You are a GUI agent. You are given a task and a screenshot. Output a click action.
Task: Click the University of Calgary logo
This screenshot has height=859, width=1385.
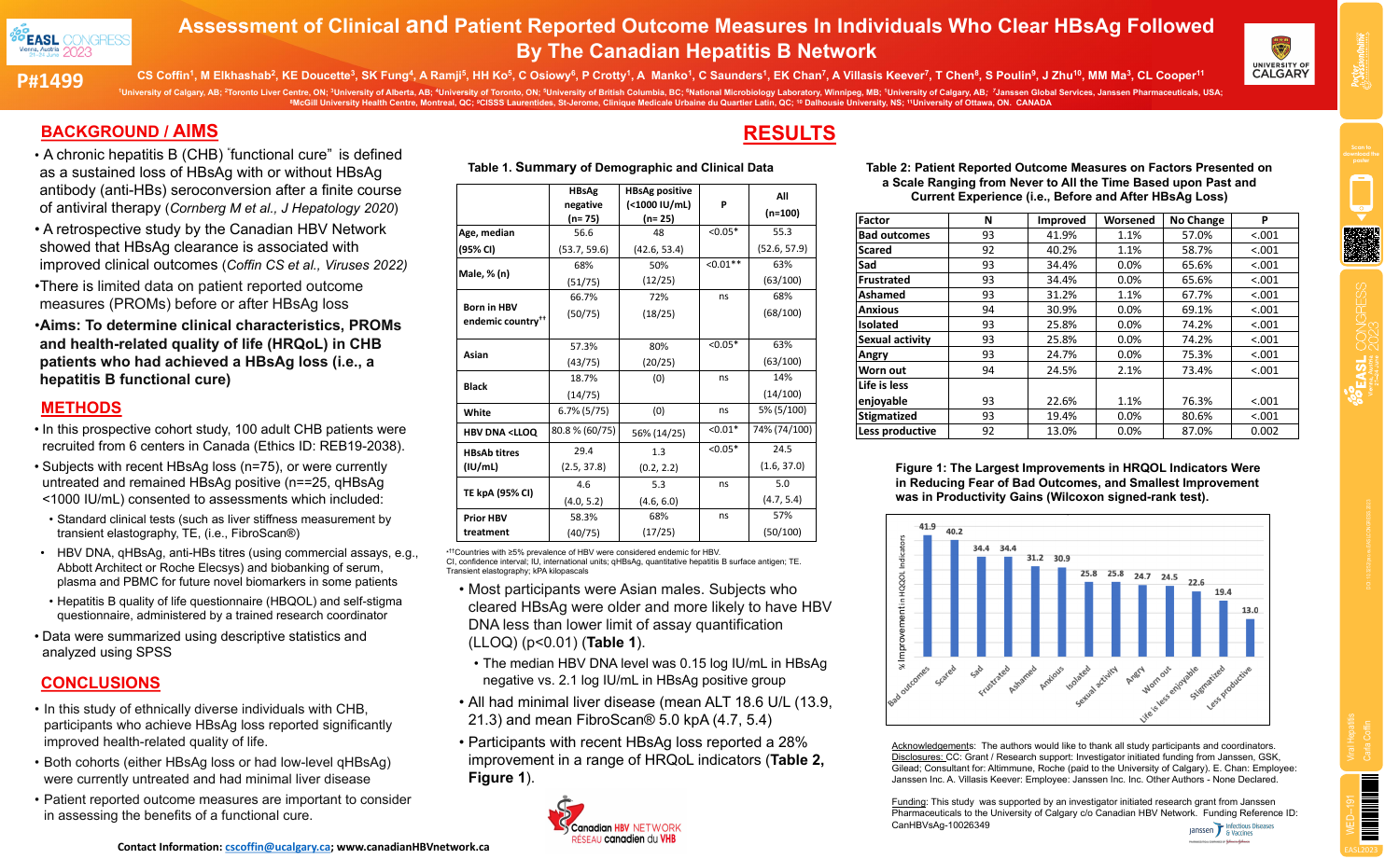[x=1280, y=54]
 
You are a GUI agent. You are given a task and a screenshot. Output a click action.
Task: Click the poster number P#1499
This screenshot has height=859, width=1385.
[x=49, y=81]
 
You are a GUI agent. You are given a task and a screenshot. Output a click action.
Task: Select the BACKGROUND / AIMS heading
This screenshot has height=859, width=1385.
[x=129, y=132]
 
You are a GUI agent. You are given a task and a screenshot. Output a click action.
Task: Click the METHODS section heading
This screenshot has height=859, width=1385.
[x=81, y=408]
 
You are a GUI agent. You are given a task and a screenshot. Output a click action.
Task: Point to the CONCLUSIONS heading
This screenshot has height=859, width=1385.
[x=101, y=683]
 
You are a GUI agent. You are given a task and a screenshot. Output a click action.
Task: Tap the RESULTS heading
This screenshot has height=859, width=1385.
[x=789, y=133]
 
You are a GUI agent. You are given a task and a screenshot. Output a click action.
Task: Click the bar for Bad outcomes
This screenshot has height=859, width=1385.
[x=927, y=596]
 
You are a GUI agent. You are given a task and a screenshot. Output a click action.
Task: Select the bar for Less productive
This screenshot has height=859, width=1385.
[x=1251, y=638]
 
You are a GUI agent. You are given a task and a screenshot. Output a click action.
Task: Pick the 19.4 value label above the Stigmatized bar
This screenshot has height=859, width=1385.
[x=1223, y=592]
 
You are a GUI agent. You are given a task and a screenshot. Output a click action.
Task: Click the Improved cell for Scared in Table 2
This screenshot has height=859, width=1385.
[x=1061, y=250]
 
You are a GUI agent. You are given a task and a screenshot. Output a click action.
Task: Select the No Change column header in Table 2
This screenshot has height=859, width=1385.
[x=1197, y=220]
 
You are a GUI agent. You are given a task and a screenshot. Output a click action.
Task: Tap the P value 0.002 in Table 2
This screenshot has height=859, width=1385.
[x=1265, y=431]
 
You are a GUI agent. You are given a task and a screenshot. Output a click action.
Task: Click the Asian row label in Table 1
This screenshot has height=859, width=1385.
[x=476, y=354]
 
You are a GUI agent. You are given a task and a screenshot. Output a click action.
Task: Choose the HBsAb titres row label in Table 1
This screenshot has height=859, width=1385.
[x=491, y=459]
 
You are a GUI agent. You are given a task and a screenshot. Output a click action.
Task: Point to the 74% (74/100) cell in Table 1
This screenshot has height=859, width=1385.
[x=782, y=430]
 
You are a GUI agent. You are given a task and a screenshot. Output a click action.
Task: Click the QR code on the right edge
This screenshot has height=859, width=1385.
[x=1362, y=245]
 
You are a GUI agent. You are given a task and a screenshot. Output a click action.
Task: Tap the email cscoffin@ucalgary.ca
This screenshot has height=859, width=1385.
[x=278, y=847]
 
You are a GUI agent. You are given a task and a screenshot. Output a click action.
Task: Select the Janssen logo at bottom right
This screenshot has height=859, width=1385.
[x=1232, y=829]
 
